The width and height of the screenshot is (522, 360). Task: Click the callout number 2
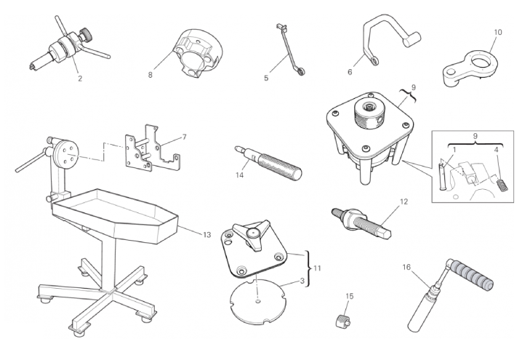[x=80, y=79]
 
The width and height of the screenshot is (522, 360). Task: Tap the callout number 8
[x=150, y=75]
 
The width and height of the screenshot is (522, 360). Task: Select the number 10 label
[x=498, y=32]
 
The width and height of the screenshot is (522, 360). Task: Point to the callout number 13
[x=206, y=235]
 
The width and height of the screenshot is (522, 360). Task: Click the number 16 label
[x=406, y=267]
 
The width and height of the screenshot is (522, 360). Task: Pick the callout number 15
[x=350, y=296]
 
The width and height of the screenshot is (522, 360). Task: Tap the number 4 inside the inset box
[x=496, y=150]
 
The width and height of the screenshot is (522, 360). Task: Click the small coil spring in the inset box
[x=502, y=185]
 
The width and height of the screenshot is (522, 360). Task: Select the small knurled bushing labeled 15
[x=342, y=321]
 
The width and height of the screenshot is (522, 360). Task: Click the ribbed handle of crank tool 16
[x=470, y=273]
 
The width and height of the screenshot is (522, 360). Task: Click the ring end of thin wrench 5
[x=302, y=71]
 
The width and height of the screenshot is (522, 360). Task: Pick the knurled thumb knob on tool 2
[x=86, y=34]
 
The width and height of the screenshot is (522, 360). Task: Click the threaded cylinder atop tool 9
[x=370, y=115]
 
